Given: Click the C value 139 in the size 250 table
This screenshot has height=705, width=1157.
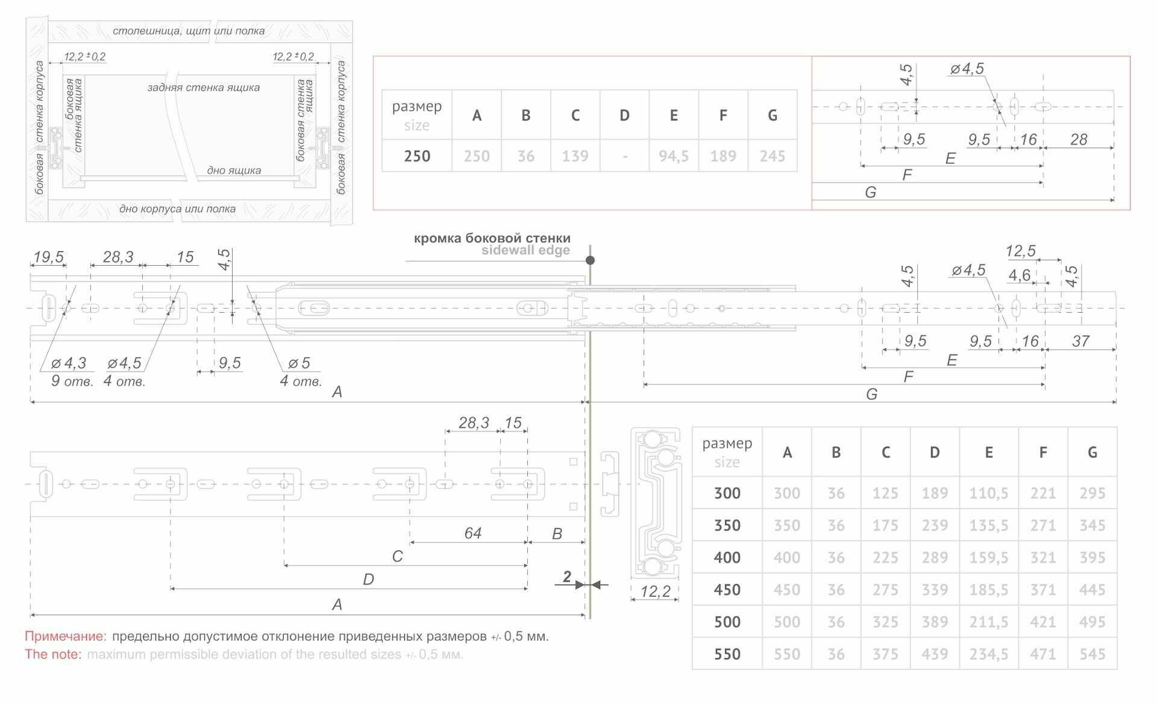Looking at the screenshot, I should click(x=575, y=156).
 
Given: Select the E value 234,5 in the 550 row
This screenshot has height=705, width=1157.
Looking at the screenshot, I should click(x=988, y=654).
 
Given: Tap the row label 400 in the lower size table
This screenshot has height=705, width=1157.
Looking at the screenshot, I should click(x=727, y=557).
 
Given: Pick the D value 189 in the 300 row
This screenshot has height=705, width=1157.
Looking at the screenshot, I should click(x=934, y=493).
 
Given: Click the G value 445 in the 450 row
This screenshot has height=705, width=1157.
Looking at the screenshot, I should click(x=1092, y=590).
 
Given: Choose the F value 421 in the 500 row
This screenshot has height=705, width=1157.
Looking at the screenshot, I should click(x=1043, y=622).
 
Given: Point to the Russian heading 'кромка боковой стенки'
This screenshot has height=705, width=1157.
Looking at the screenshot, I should click(x=492, y=238).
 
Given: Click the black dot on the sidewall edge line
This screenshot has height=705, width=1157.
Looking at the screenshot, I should click(x=590, y=260).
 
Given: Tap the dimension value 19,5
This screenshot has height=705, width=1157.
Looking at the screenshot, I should click(x=48, y=257).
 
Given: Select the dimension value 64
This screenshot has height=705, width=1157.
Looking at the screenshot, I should click(x=472, y=533).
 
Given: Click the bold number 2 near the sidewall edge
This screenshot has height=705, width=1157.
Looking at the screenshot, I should click(x=566, y=577).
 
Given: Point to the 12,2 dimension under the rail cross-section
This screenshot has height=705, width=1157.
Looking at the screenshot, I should click(x=655, y=591).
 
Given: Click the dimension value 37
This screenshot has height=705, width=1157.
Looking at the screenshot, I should click(x=1080, y=341).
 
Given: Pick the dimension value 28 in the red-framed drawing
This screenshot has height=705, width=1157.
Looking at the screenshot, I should click(x=1078, y=139).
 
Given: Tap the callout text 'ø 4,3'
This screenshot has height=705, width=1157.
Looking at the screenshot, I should click(x=69, y=363).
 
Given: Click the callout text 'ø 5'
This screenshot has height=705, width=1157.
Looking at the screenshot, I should click(x=299, y=363).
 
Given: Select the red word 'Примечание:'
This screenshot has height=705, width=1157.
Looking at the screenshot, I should click(x=66, y=636).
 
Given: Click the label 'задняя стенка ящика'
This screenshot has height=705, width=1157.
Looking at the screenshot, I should click(x=203, y=87).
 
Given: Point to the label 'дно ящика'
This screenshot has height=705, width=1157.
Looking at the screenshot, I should click(x=234, y=171).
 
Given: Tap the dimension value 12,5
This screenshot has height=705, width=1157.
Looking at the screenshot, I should click(x=1020, y=251).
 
